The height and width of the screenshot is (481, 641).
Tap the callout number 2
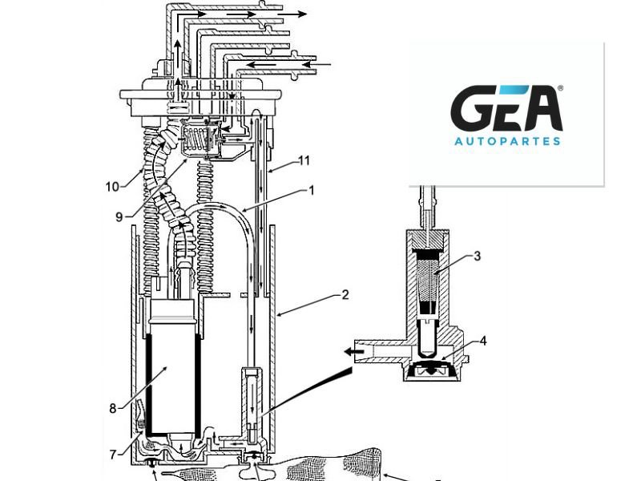pyautogui.click(x=345, y=294)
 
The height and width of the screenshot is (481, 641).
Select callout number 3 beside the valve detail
pyautogui.click(x=477, y=257)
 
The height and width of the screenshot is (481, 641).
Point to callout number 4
pyautogui.click(x=483, y=340)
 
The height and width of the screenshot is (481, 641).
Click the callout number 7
pyautogui.click(x=113, y=455)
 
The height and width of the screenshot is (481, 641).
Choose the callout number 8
pyautogui.click(x=113, y=407)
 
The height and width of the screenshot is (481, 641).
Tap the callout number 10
pyautogui.click(x=112, y=187)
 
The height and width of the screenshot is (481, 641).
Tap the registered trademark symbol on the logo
pyautogui.click(x=560, y=88)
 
